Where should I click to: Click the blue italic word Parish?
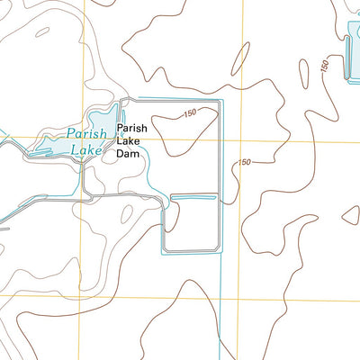coord(65,135)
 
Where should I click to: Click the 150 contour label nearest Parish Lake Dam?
coord(189,112)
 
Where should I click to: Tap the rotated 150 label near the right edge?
coord(325,65)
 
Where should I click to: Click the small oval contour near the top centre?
coord(240,59)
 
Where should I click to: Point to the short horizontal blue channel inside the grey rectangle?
coord(193,195)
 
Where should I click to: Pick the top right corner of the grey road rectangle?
coord(220,103)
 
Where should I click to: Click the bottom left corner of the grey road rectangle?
coord(164,250)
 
